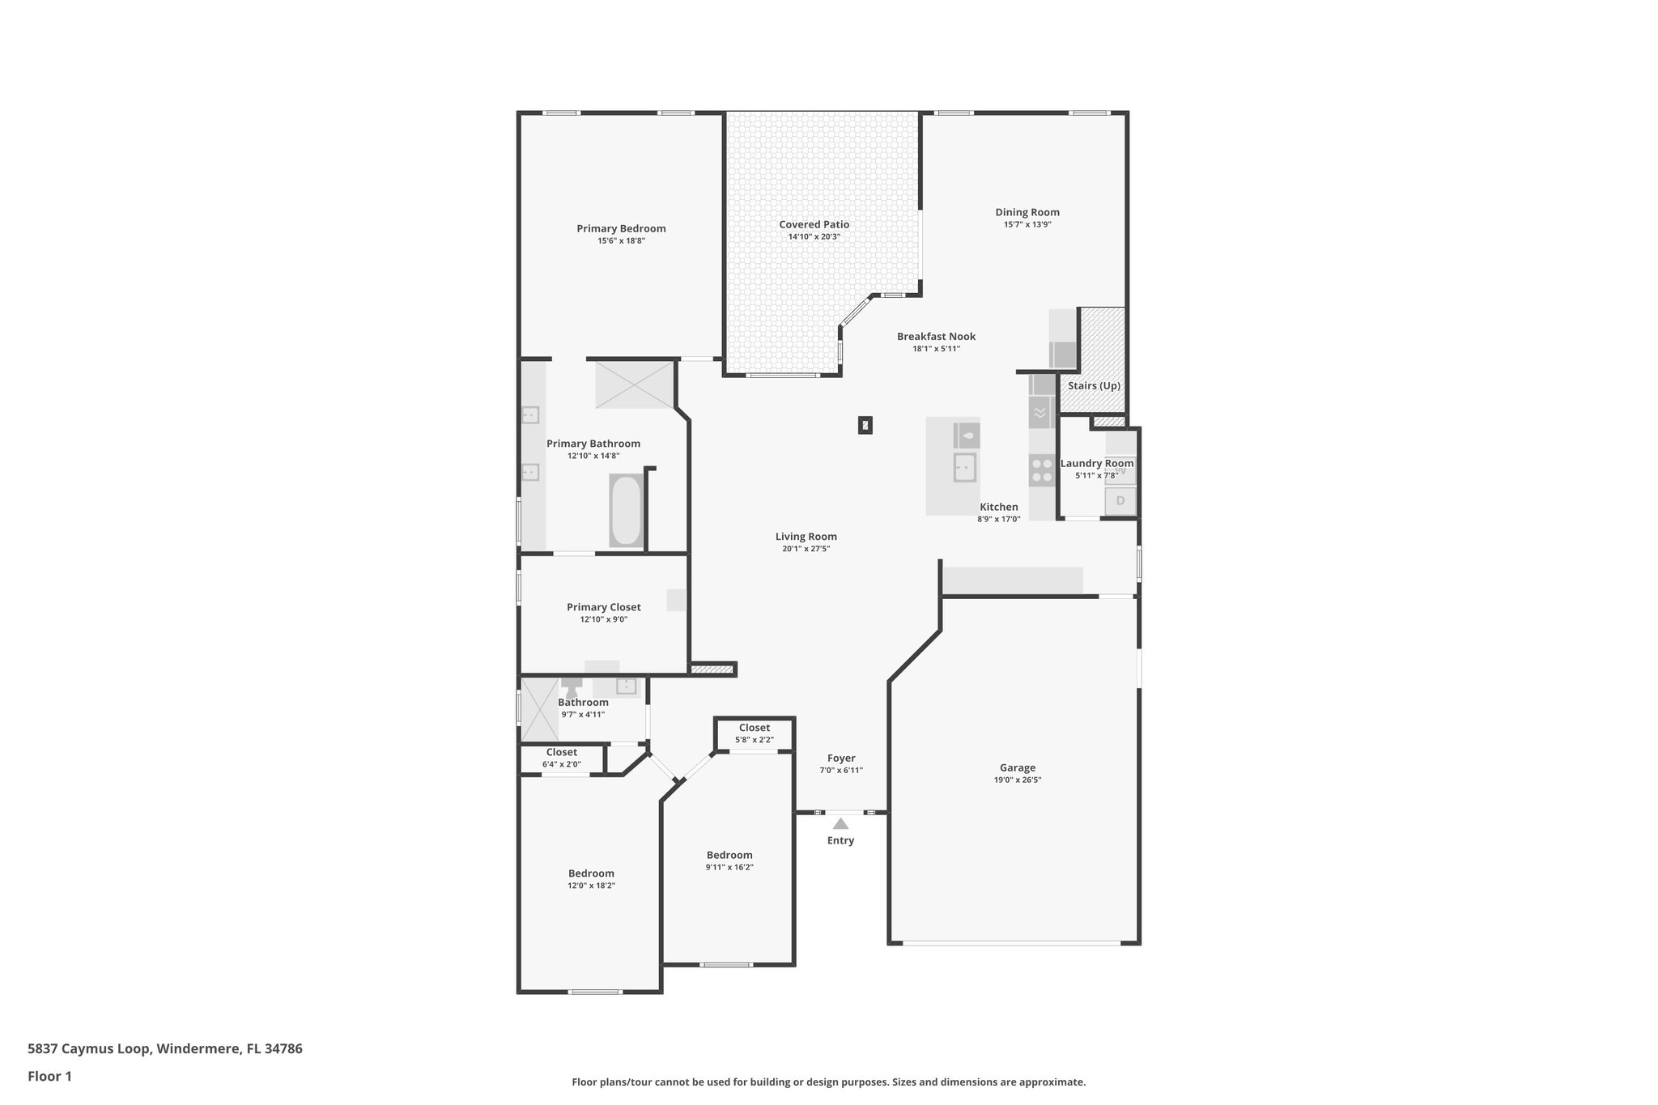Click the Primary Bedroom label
pos(621,229)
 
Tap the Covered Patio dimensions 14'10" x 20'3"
pos(814,237)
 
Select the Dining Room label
pos(1027,213)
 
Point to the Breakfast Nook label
pos(936,337)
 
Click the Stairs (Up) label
pos(1093,386)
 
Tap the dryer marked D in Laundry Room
pos(1120,501)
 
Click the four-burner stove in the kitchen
pos(1040,470)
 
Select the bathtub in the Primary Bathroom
pos(626,511)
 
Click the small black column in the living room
pos(865,425)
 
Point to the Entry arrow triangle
pos(840,824)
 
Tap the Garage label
pos(1017,768)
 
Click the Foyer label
pos(841,759)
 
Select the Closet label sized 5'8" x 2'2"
pos(754,728)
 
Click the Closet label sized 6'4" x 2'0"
pos(561,753)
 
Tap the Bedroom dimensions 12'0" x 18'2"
pos(591,886)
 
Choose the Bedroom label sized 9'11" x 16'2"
pos(729,856)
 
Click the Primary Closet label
pos(603,608)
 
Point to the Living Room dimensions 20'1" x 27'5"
pos(806,549)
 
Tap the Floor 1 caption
pos(49,1077)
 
